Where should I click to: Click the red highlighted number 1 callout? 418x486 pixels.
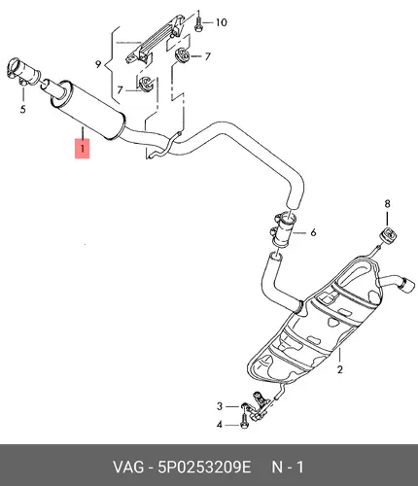tap(83, 149)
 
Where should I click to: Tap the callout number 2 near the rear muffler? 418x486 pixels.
tap(339, 369)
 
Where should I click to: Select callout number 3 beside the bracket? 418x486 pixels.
tap(220, 406)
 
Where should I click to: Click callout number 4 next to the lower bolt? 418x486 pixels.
tap(220, 425)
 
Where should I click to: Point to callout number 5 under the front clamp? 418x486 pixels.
tap(22, 110)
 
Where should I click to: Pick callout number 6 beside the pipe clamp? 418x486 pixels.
tap(313, 232)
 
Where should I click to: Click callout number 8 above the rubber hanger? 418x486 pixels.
tap(387, 204)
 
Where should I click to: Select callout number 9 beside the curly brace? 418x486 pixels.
tap(98, 64)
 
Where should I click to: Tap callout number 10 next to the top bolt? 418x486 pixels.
tap(222, 22)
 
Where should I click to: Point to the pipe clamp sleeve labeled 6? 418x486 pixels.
tap(283, 230)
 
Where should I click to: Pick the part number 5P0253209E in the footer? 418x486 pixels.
tap(204, 468)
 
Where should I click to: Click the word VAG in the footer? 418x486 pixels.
tap(128, 468)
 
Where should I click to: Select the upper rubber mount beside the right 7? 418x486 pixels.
tap(182, 55)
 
